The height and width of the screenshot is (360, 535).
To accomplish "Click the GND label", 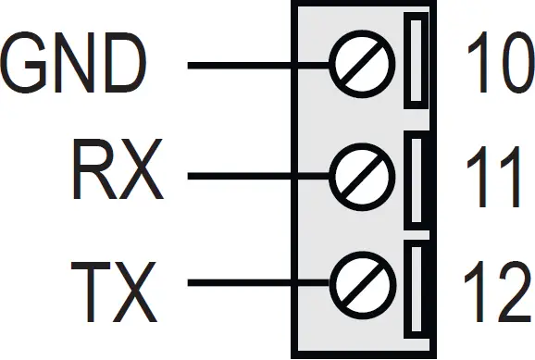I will [74, 65].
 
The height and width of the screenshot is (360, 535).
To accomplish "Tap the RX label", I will [117, 173].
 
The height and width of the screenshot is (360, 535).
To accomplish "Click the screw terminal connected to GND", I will [359, 66].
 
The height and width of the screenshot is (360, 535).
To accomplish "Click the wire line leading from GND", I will [259, 66].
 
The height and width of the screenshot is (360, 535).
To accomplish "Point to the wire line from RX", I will [259, 174].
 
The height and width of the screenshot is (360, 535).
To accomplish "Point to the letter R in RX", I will [93, 173].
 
